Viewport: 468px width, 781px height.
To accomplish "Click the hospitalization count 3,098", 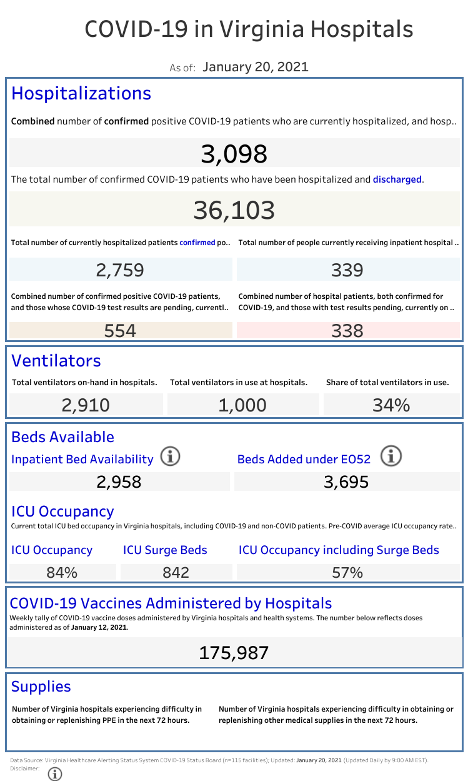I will [234, 154].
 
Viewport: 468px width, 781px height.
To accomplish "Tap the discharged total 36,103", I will [234, 210].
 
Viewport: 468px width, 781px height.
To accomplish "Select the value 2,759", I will [120, 270].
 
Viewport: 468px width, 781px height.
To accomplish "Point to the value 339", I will [347, 270].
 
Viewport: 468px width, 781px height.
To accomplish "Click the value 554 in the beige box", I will [120, 330].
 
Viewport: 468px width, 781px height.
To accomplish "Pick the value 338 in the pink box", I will [347, 330].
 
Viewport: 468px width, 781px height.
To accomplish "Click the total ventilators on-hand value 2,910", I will [86, 405].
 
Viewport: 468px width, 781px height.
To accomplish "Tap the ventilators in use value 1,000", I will [242, 405].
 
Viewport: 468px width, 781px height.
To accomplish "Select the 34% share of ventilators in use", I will [391, 405].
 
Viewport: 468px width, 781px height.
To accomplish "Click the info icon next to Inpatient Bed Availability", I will [170, 457].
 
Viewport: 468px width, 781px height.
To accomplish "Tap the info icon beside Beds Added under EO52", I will [391, 457].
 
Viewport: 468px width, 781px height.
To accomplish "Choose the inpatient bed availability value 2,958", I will [119, 481].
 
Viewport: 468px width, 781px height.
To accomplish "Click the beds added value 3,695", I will [346, 481].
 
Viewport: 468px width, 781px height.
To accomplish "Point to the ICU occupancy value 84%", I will [62, 572].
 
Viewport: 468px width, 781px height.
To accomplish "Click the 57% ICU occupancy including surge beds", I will [348, 572].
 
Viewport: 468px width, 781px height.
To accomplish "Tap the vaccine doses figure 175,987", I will [234, 653].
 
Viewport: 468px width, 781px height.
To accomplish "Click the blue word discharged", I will [397, 179].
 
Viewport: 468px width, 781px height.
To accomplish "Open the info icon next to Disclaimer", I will [55, 773].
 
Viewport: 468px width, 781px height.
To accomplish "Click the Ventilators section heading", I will [56, 361].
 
